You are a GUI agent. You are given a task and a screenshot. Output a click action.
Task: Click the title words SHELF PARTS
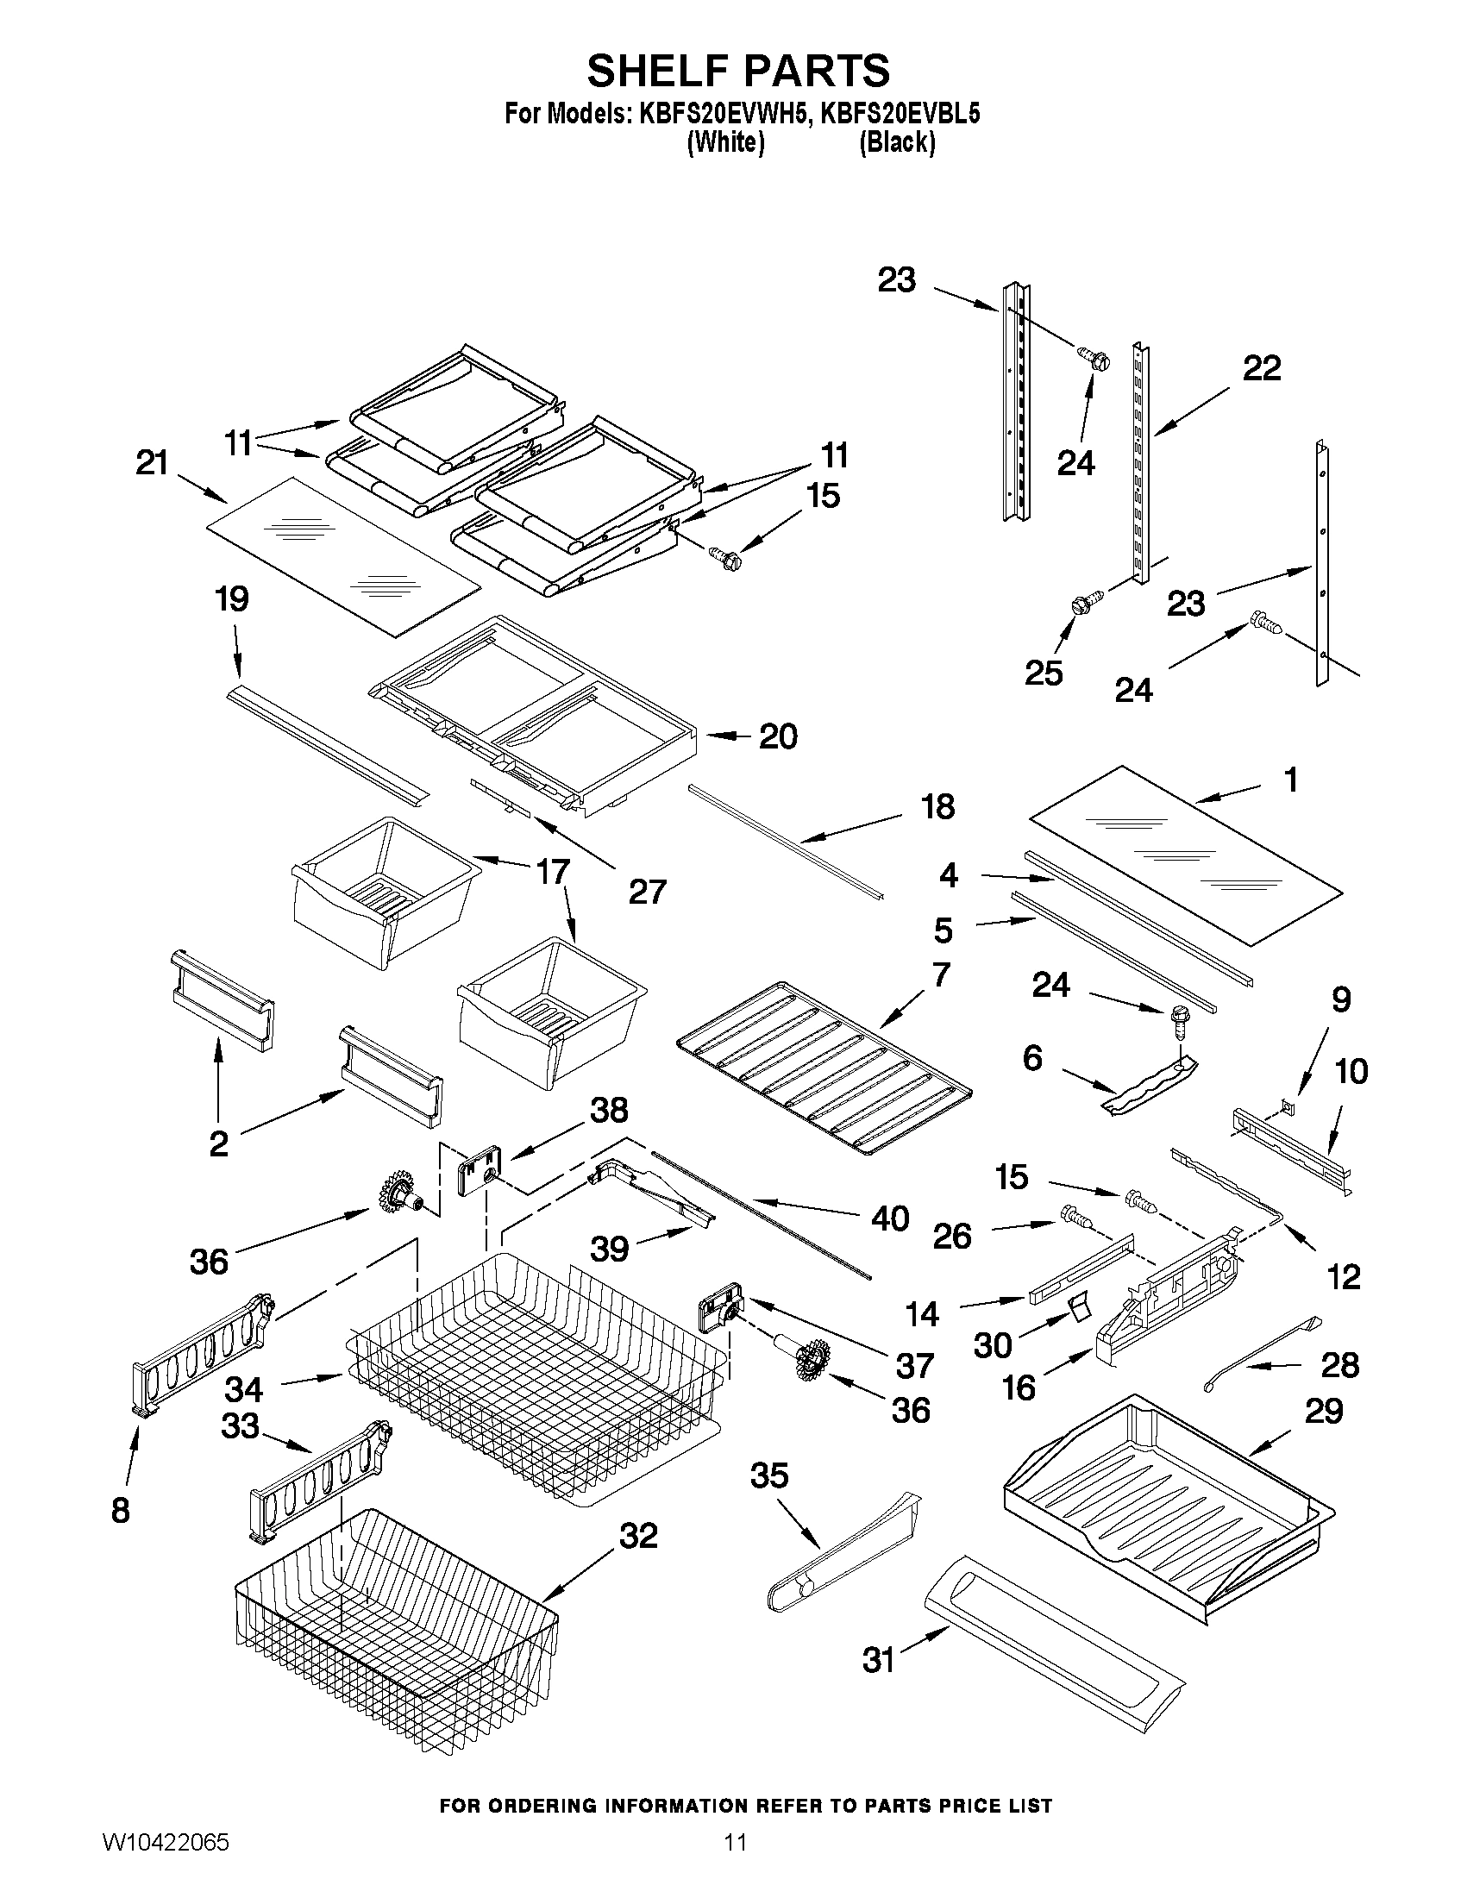tap(738, 71)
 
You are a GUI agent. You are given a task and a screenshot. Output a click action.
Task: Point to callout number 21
tap(152, 463)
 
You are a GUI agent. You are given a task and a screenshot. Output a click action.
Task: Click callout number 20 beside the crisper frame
tap(778, 737)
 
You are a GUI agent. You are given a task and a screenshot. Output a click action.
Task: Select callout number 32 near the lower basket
tap(638, 1537)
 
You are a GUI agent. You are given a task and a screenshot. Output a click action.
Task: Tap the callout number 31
tap(878, 1661)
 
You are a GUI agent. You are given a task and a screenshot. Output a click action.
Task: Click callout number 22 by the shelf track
tap(1261, 368)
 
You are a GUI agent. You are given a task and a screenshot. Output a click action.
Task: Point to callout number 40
tap(889, 1218)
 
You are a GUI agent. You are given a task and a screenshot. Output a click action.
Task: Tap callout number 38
tap(609, 1110)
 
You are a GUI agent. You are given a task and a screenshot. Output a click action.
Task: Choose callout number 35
tap(769, 1475)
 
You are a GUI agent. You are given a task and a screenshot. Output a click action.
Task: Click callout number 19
tap(232, 599)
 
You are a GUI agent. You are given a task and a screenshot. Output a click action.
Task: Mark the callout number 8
tap(121, 1511)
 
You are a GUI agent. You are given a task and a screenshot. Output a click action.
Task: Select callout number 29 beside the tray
tap(1325, 1412)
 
